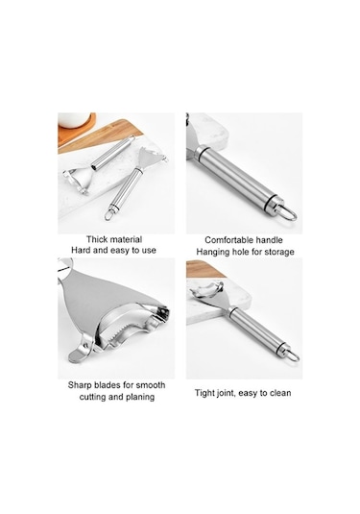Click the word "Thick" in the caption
coord(96,239)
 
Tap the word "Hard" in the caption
coord(81,251)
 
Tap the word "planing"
coord(140,397)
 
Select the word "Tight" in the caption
coord(205,393)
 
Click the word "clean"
coord(280,393)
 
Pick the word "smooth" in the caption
coord(151,385)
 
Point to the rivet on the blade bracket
coord(85,345)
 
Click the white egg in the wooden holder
coord(73,119)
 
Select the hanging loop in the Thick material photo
coord(109,215)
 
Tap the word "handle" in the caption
coord(269,240)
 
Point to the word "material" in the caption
coord(125,239)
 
